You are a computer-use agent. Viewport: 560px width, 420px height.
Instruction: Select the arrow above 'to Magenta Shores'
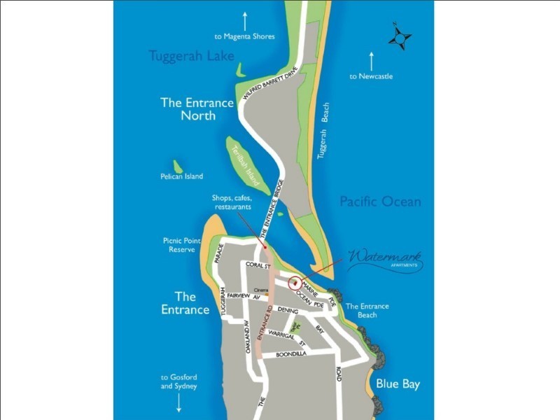click(244, 21)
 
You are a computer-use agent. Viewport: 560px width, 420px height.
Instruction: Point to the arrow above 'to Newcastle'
click(372, 61)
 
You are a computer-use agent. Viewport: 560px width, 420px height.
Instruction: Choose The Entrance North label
click(197, 109)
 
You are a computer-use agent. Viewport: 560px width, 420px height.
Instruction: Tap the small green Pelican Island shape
click(178, 167)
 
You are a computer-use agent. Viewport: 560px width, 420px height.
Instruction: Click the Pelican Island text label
click(181, 177)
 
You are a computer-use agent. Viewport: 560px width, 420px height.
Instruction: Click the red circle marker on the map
click(295, 283)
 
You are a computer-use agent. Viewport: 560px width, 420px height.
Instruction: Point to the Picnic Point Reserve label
click(181, 245)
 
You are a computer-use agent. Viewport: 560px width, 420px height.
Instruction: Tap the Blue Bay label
click(398, 384)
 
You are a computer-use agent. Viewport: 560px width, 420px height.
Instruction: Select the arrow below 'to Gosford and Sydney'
click(178, 402)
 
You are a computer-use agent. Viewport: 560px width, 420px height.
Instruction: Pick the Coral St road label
click(258, 265)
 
